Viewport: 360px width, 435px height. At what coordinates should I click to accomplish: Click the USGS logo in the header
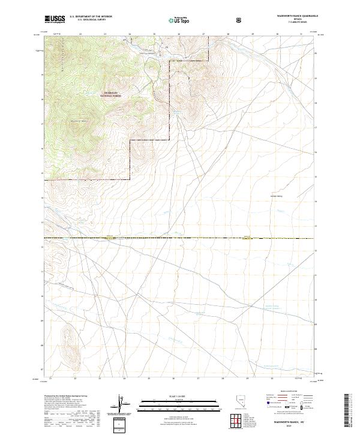[55, 19]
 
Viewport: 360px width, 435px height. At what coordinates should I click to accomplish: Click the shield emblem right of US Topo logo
[240, 19]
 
